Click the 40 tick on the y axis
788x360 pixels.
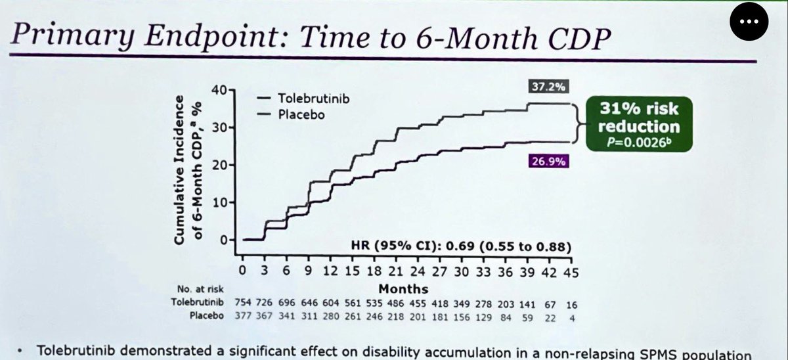(219, 90)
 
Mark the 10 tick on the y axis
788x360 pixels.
(219, 203)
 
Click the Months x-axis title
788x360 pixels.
(403, 289)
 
